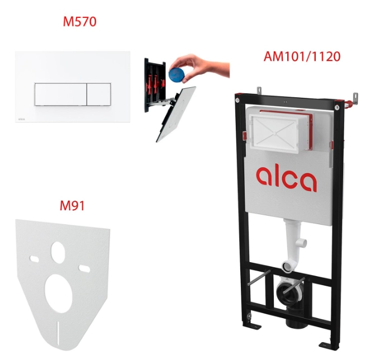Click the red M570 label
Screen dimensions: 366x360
(x=79, y=22)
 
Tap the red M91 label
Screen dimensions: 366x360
(x=72, y=206)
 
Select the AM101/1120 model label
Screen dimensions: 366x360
(x=302, y=56)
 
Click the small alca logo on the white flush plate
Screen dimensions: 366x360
(x=21, y=119)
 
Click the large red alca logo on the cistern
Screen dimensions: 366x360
(x=287, y=178)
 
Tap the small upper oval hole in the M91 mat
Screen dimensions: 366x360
(x=58, y=250)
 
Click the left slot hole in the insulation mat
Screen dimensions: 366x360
(x=34, y=259)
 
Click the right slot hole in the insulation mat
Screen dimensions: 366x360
(x=84, y=268)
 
